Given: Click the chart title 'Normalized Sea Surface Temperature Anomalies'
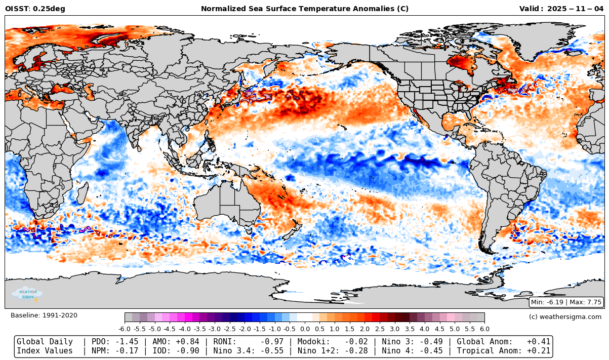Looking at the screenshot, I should tap(304, 9).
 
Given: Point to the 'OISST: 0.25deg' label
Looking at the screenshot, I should tap(35, 9).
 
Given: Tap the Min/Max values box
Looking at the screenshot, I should tap(566, 302).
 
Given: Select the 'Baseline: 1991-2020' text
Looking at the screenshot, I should tap(44, 315).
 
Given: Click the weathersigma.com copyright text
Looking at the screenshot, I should tap(565, 316).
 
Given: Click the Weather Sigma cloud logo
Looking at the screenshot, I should tap(28, 294).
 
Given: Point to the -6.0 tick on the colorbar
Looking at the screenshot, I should tap(125, 329).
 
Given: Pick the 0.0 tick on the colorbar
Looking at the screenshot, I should tap(305, 329).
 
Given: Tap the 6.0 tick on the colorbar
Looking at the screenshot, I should tap(484, 329).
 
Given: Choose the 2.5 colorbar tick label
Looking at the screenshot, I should tap(380, 329).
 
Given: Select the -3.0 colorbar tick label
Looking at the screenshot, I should tap(215, 329).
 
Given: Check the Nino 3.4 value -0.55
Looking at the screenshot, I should tap(273, 351).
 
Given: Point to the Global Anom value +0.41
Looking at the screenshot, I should tap(539, 342).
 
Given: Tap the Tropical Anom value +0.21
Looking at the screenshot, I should tap(539, 351).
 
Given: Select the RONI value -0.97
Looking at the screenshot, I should tap(273, 342).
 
